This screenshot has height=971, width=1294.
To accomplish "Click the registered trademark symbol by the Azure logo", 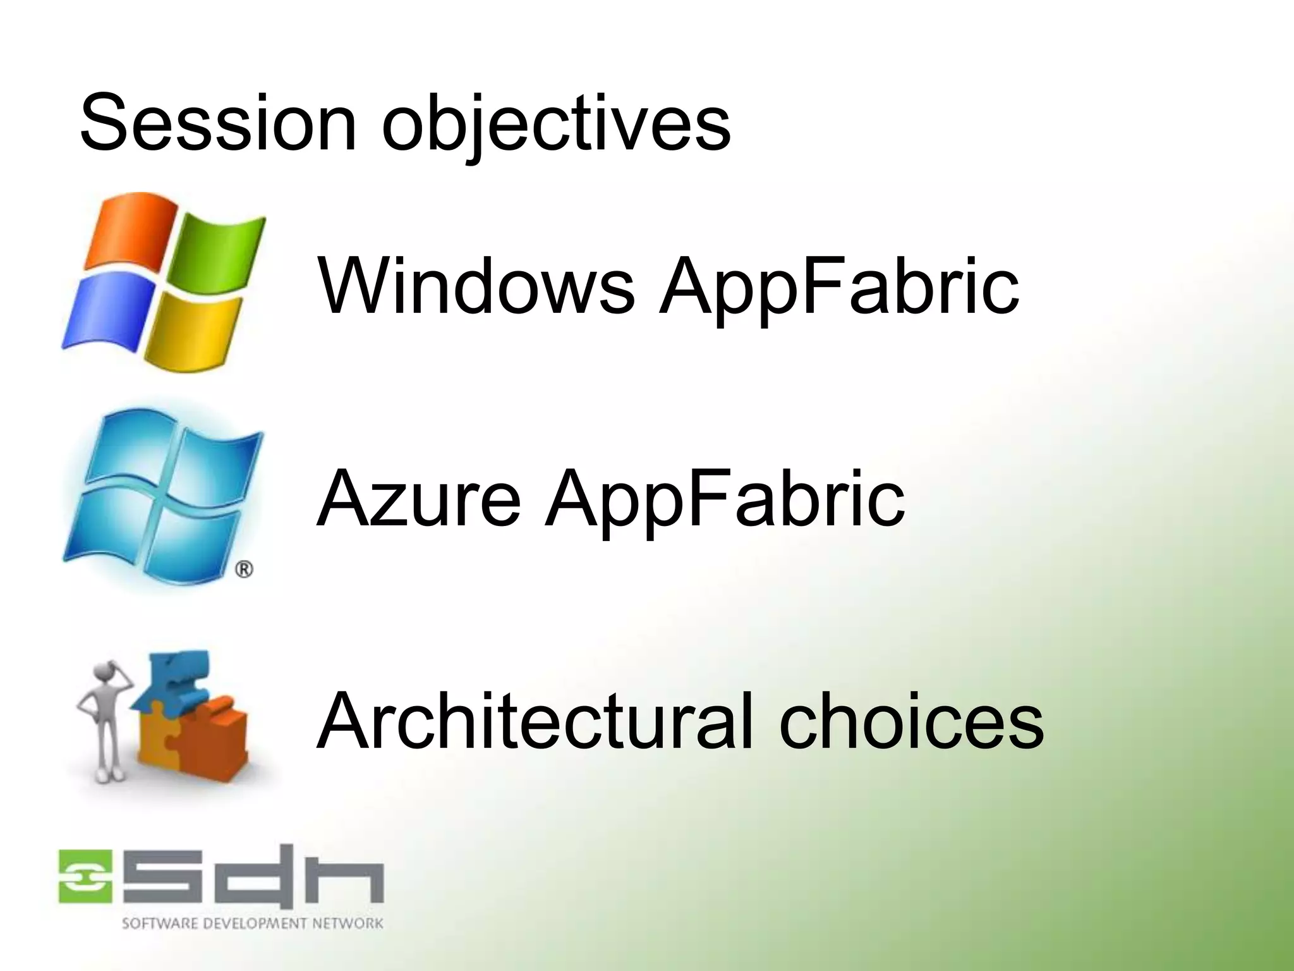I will (244, 570).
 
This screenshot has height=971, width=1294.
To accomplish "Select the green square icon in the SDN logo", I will (86, 876).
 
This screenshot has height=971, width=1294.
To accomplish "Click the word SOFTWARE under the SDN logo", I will (152, 924).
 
